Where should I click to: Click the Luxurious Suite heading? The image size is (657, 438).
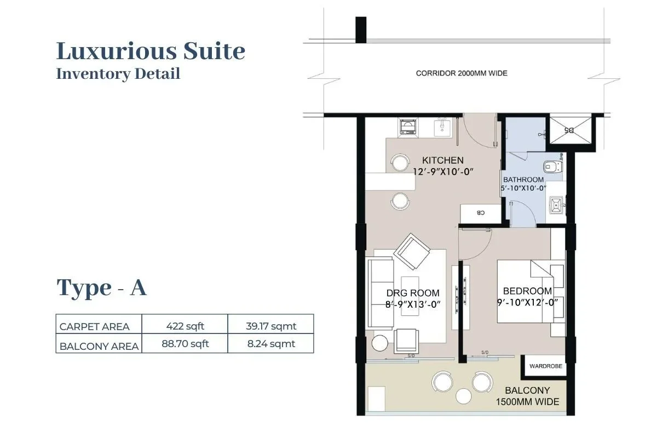(x=151, y=51)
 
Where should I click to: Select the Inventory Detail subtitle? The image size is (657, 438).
(x=118, y=73)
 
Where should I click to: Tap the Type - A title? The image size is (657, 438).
(x=102, y=287)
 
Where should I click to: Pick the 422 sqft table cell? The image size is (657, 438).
(x=185, y=326)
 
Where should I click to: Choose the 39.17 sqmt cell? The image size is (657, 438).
(x=270, y=326)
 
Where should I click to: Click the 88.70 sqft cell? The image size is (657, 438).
(x=185, y=344)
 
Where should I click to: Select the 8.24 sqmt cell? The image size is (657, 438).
(x=270, y=344)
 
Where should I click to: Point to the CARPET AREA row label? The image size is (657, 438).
(x=95, y=327)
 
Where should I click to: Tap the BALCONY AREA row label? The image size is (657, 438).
(x=99, y=346)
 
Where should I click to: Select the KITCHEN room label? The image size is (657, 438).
(x=443, y=160)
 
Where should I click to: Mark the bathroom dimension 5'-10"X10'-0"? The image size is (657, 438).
(x=523, y=188)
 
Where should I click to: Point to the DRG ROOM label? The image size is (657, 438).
(x=413, y=293)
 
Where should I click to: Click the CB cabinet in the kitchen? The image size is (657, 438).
(x=480, y=213)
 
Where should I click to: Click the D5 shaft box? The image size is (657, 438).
(x=570, y=130)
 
